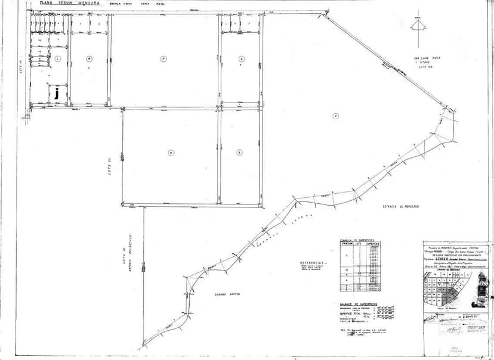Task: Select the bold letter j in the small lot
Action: tap(56, 93)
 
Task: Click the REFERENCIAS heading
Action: tap(313, 262)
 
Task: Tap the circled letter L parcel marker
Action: tap(58, 59)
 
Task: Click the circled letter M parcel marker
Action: tap(89, 58)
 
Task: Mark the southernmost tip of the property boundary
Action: tap(143, 347)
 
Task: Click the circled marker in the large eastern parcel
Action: tap(336, 116)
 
